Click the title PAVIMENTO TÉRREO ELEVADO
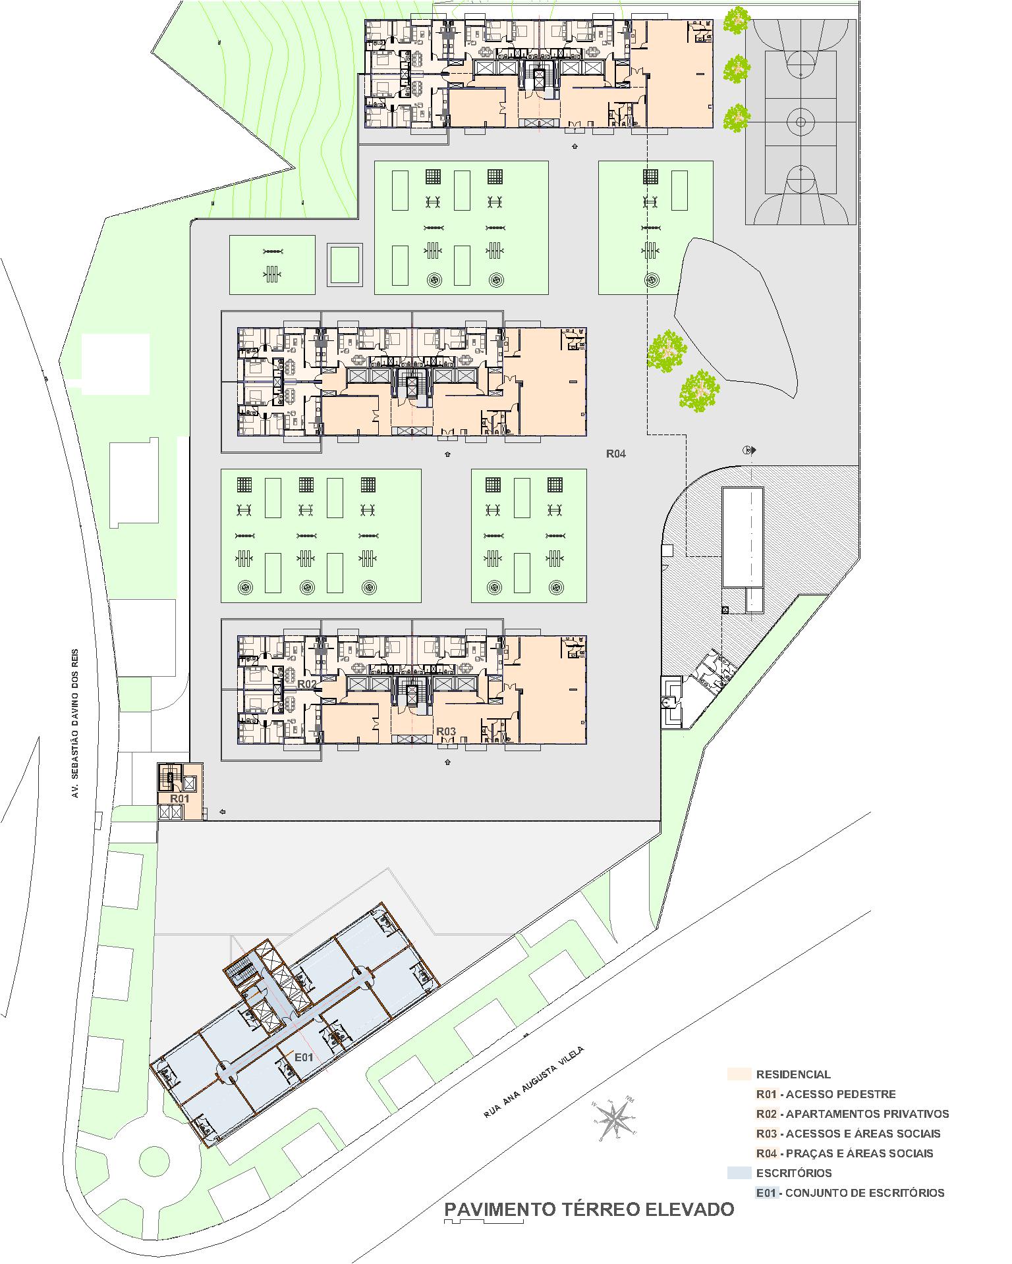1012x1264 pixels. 589,1209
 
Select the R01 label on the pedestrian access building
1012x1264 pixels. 180,799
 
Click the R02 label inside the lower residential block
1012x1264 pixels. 307,684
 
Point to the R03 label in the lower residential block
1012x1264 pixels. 446,731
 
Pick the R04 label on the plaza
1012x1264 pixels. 616,454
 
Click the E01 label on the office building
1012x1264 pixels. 303,1057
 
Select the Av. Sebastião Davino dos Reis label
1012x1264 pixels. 75,720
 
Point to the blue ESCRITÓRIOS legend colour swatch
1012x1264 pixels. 739,1172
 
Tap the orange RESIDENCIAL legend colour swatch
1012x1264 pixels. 739,1074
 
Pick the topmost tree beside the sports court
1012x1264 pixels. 737,21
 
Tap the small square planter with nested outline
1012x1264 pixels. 345,265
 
